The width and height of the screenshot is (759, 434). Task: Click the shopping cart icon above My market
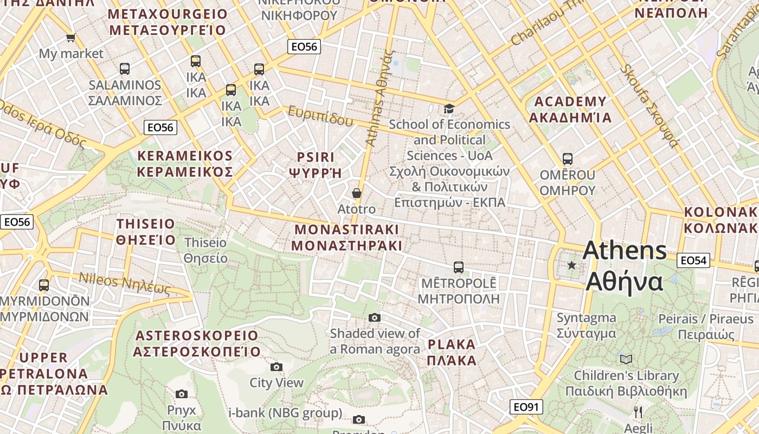(x=70, y=37)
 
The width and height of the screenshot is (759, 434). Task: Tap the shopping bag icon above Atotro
(x=356, y=193)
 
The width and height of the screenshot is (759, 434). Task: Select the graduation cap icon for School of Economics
(x=449, y=109)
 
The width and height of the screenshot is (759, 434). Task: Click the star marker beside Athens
(x=571, y=265)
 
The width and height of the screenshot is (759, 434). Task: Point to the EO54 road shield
(x=693, y=260)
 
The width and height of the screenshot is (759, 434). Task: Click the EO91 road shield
(x=526, y=406)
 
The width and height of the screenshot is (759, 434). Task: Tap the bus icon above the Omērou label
(x=567, y=159)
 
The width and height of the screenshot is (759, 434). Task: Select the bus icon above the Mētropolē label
(x=458, y=267)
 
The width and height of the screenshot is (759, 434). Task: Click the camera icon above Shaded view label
(x=375, y=317)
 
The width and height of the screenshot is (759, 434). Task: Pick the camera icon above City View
(x=276, y=367)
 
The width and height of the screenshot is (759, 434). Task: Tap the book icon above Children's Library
(x=626, y=359)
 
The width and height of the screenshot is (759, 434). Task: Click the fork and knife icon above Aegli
(x=638, y=412)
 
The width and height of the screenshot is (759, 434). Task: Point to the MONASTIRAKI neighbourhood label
(x=346, y=237)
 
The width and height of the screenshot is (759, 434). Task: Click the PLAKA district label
(x=452, y=352)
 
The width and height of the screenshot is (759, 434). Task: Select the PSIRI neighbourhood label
(x=316, y=165)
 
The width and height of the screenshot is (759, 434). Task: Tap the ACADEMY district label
(x=570, y=110)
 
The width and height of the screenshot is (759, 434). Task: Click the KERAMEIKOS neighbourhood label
(x=185, y=164)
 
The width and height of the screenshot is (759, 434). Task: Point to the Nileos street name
(x=125, y=283)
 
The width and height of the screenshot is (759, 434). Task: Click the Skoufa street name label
(x=649, y=106)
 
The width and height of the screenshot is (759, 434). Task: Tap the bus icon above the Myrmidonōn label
(x=44, y=285)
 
